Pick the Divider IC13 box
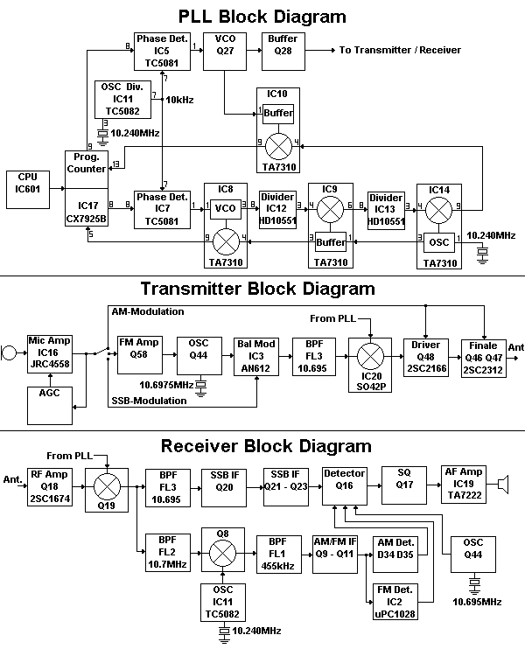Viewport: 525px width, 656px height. click(x=385, y=210)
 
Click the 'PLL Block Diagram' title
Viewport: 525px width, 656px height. click(x=262, y=16)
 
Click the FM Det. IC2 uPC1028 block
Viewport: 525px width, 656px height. click(x=393, y=603)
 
